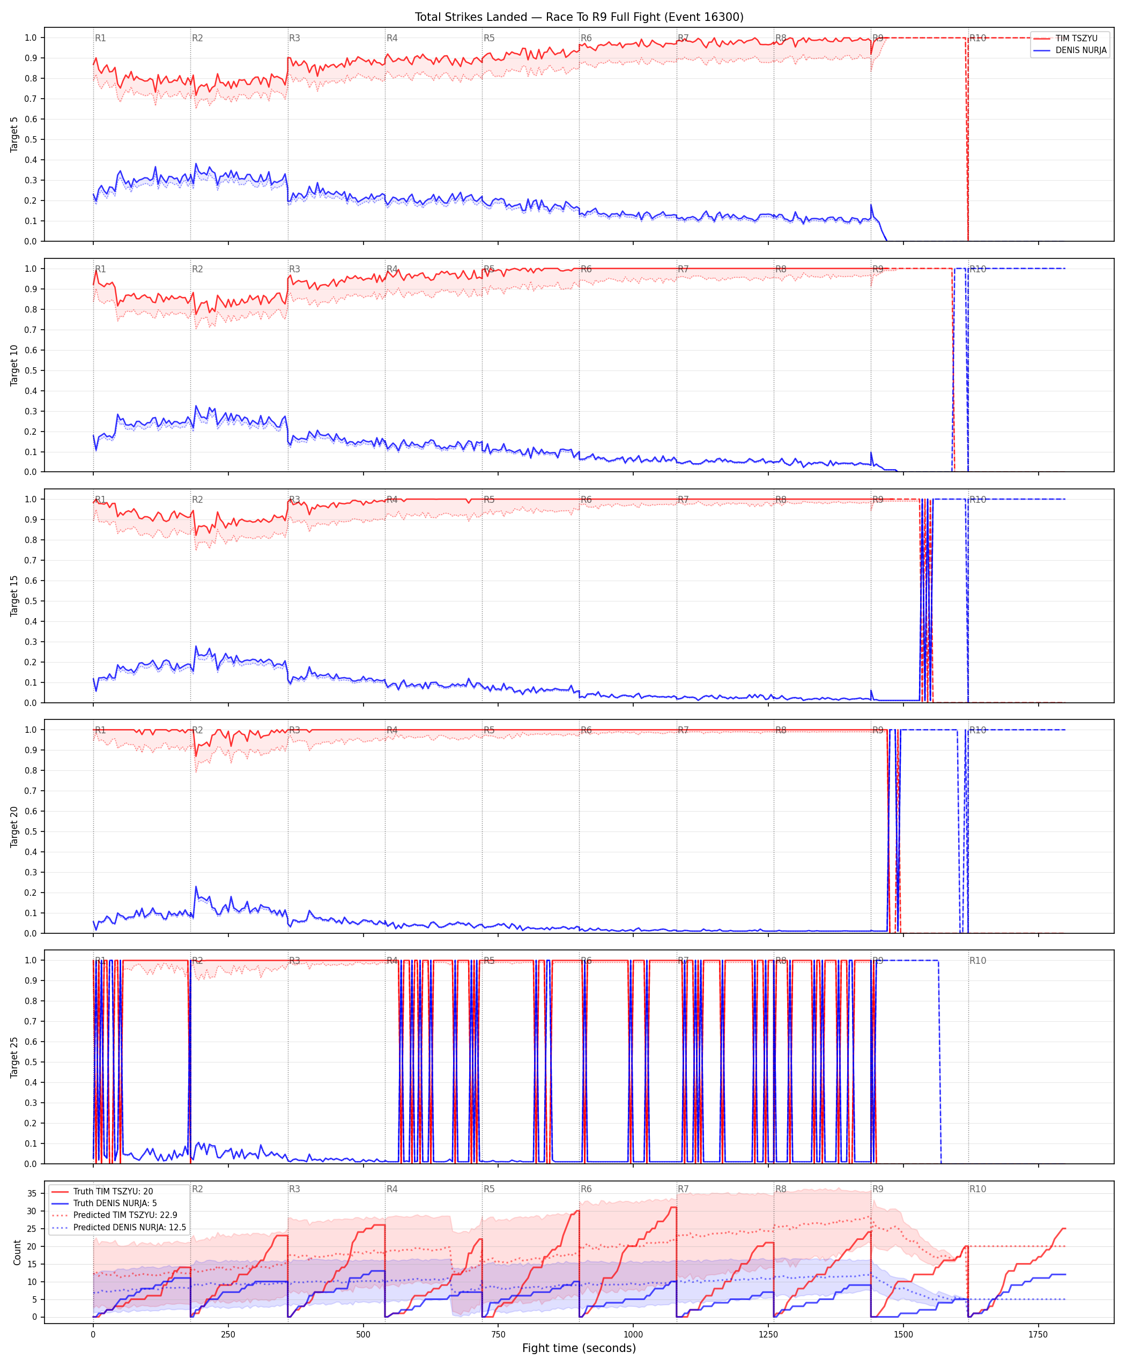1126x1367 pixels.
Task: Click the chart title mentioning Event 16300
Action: coord(579,17)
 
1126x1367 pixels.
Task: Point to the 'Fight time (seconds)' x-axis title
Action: coord(579,1348)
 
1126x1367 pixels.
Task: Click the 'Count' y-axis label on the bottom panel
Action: coord(17,1252)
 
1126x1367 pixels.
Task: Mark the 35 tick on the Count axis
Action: coord(31,1193)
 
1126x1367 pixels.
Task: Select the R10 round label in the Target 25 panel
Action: coord(977,961)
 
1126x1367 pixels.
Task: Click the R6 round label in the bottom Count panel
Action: coord(587,1188)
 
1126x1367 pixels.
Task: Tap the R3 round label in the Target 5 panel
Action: coord(294,38)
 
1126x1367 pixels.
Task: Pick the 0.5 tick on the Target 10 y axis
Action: coord(31,370)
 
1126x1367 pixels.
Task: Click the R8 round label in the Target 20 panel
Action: coord(781,730)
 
